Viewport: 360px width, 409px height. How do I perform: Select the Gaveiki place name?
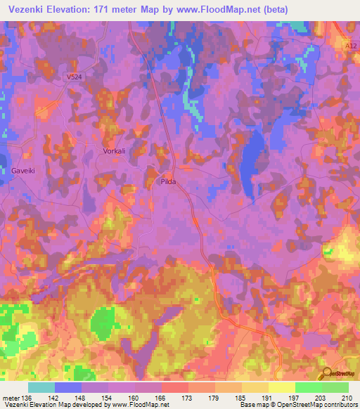23,171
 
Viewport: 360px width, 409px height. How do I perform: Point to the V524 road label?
79,79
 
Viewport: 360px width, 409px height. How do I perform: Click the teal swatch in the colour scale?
41,387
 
